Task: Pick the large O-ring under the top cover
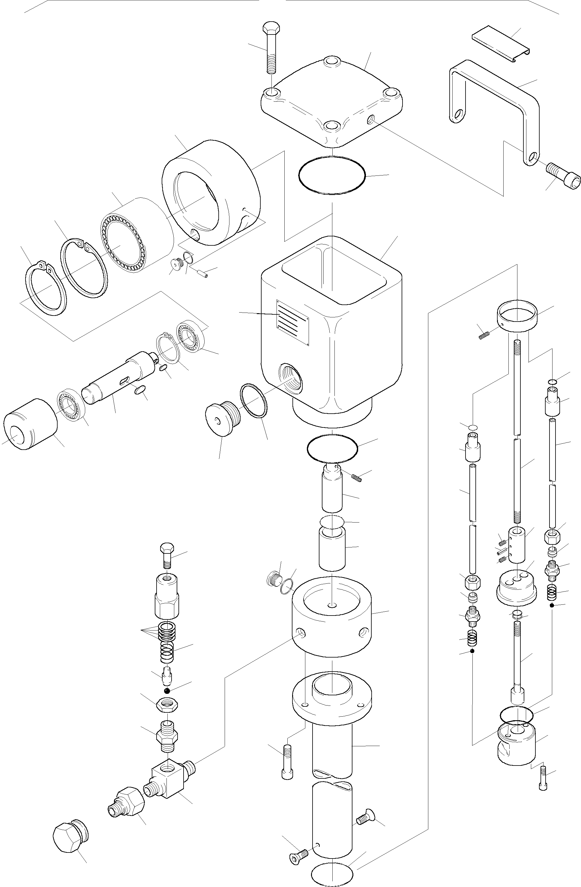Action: (332, 175)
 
